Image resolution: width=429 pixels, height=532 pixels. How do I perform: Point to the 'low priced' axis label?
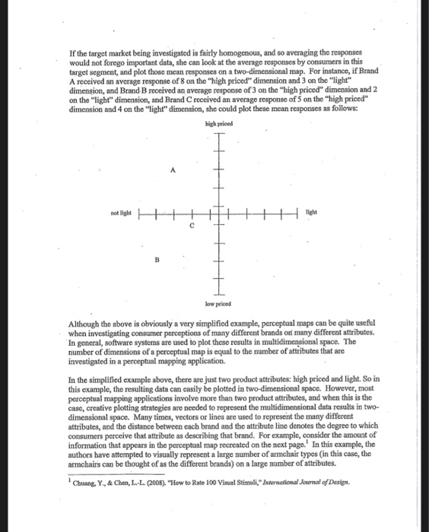tap(218, 301)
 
